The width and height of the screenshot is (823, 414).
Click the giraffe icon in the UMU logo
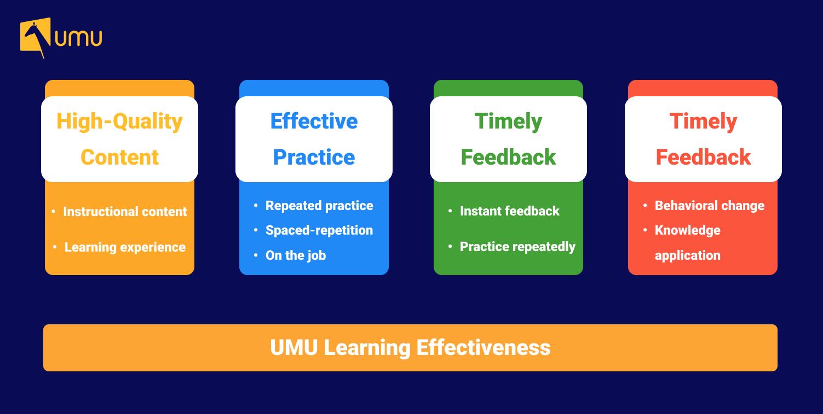35,37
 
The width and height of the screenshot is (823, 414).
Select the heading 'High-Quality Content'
119,139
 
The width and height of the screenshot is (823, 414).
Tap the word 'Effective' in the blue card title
314,121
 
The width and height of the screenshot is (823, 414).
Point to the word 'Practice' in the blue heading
314,158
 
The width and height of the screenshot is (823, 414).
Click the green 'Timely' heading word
508,122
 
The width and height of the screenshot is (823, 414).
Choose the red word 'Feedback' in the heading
703,158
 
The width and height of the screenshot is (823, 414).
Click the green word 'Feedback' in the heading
508,158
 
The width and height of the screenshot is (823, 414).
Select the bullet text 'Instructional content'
125,212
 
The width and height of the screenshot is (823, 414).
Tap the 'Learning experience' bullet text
125,247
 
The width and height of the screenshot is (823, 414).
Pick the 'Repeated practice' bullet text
319,206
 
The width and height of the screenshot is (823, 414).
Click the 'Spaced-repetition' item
319,230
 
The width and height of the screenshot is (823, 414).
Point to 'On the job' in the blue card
296,255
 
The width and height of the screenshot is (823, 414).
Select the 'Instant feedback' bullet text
510,211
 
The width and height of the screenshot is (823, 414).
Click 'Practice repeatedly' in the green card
517,247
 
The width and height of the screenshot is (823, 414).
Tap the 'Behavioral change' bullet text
710,206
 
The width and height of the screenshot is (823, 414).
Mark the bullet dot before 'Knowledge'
645,230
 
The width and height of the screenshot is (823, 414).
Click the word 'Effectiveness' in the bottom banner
483,348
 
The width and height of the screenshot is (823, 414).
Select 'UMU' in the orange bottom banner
294,348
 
